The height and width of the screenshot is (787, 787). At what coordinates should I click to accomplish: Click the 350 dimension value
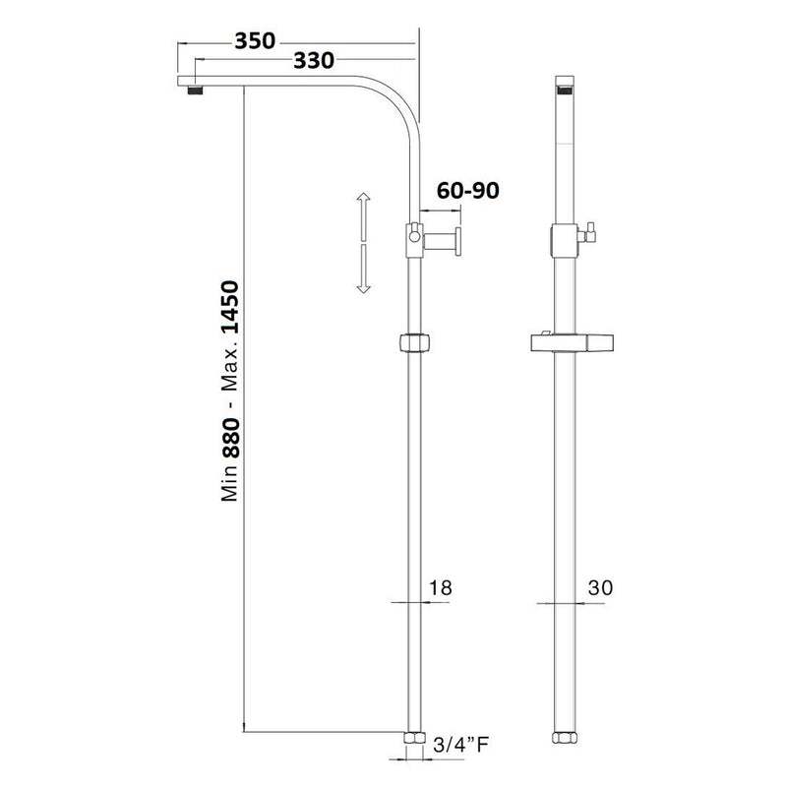(255, 42)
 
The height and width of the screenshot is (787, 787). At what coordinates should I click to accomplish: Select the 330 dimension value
(313, 61)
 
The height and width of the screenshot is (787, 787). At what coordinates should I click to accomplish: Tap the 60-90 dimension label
(465, 191)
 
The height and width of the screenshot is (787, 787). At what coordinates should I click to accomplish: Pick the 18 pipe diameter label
(440, 588)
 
